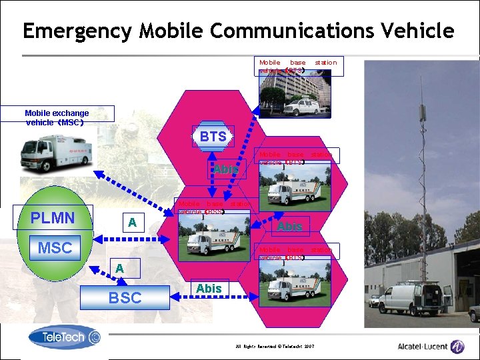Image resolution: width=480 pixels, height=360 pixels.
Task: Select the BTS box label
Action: click(x=213, y=137)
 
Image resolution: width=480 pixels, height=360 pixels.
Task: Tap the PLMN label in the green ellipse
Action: click(x=53, y=218)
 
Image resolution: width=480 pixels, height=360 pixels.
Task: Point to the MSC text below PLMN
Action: click(x=55, y=248)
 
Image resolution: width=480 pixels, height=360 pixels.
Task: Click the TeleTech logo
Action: click(x=65, y=338)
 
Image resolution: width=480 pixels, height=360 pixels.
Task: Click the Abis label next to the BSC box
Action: click(x=209, y=288)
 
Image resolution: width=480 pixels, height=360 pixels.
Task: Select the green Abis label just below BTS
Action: click(x=225, y=169)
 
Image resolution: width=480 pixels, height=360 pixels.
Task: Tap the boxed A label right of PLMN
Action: click(x=132, y=223)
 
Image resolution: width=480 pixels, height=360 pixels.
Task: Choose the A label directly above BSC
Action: click(x=119, y=268)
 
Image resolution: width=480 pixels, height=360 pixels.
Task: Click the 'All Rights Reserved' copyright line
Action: click(x=273, y=347)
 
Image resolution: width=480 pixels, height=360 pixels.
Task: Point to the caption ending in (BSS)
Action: click(x=214, y=207)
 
